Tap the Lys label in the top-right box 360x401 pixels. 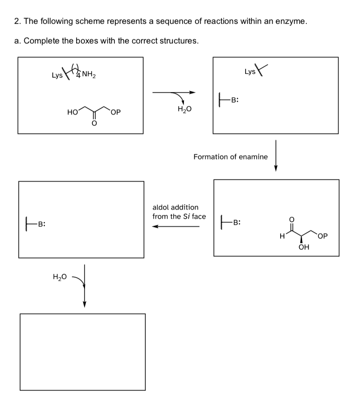pos(250,72)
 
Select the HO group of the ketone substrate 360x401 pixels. pos(72,113)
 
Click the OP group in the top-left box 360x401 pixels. pos(116,113)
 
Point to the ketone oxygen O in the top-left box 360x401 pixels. pos(94,124)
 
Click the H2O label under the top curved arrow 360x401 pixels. pos(185,109)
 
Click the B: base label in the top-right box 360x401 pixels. pos(235,99)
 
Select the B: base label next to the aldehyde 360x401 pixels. pos(236,221)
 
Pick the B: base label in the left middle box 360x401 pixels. pos(41,223)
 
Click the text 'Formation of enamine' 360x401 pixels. pos(231,157)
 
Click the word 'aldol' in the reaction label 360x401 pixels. pos(161,207)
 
